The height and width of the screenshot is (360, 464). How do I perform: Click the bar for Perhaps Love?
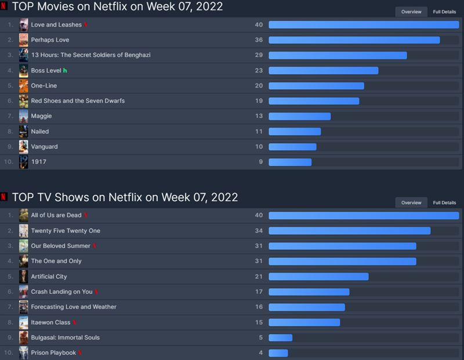(354, 40)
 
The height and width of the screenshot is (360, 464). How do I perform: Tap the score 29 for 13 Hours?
(259, 55)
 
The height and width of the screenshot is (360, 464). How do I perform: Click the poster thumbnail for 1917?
(24, 162)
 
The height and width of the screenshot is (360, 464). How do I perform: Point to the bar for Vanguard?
(292, 147)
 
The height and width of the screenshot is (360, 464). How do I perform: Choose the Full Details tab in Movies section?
(444, 12)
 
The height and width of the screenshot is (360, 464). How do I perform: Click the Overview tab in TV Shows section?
(411, 203)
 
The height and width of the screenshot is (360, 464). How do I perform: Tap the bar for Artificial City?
(318, 277)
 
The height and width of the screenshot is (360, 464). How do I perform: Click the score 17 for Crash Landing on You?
(259, 292)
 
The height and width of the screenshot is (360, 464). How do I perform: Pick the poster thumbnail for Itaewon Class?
(24, 322)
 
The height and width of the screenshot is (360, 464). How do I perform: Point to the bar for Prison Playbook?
(278, 352)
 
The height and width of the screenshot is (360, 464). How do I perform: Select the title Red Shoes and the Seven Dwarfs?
(78, 101)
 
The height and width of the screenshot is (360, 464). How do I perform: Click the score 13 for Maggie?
(259, 116)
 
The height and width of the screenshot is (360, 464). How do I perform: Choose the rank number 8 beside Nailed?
(9, 132)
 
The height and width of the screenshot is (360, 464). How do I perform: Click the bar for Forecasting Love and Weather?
(307, 307)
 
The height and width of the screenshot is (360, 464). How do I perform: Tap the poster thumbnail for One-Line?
(24, 86)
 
